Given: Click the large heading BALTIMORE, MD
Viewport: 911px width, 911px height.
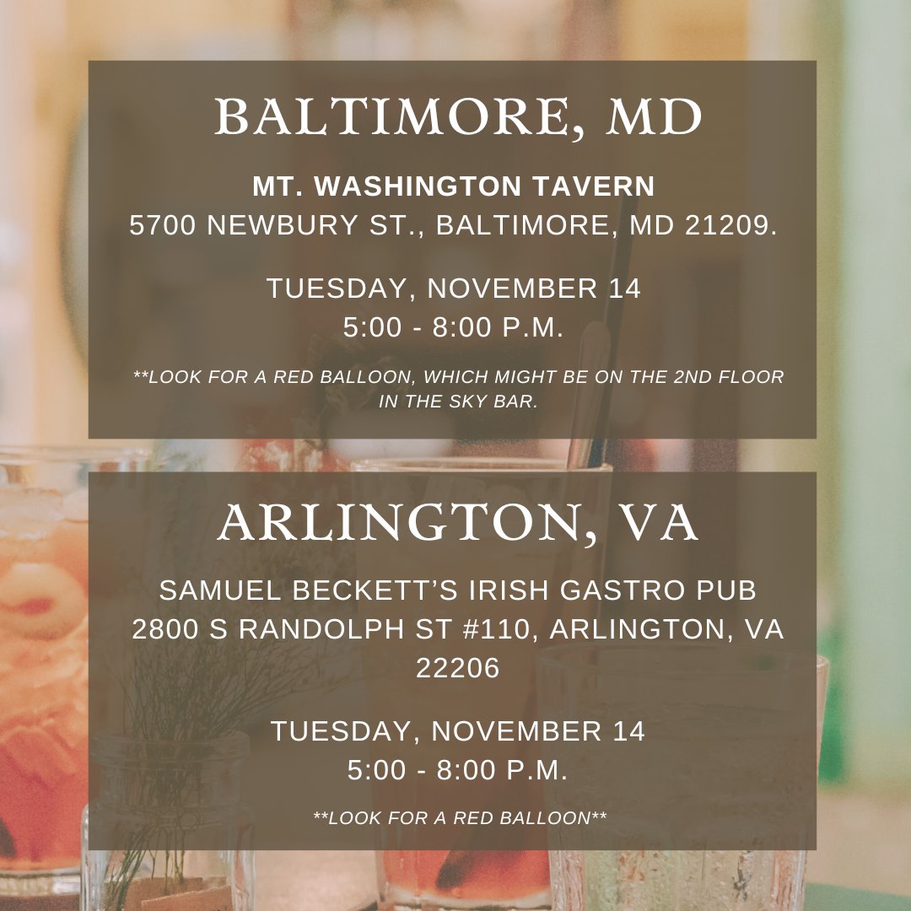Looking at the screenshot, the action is [458, 118].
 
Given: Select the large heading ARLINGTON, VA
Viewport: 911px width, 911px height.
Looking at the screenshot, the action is [458, 525].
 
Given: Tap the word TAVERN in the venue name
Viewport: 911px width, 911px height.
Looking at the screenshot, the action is [592, 186].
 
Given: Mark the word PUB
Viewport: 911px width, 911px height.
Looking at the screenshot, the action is [729, 590].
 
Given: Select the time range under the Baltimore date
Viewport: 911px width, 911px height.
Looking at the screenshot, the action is [453, 328].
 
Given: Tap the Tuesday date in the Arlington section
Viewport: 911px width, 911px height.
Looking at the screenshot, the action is [458, 731].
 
